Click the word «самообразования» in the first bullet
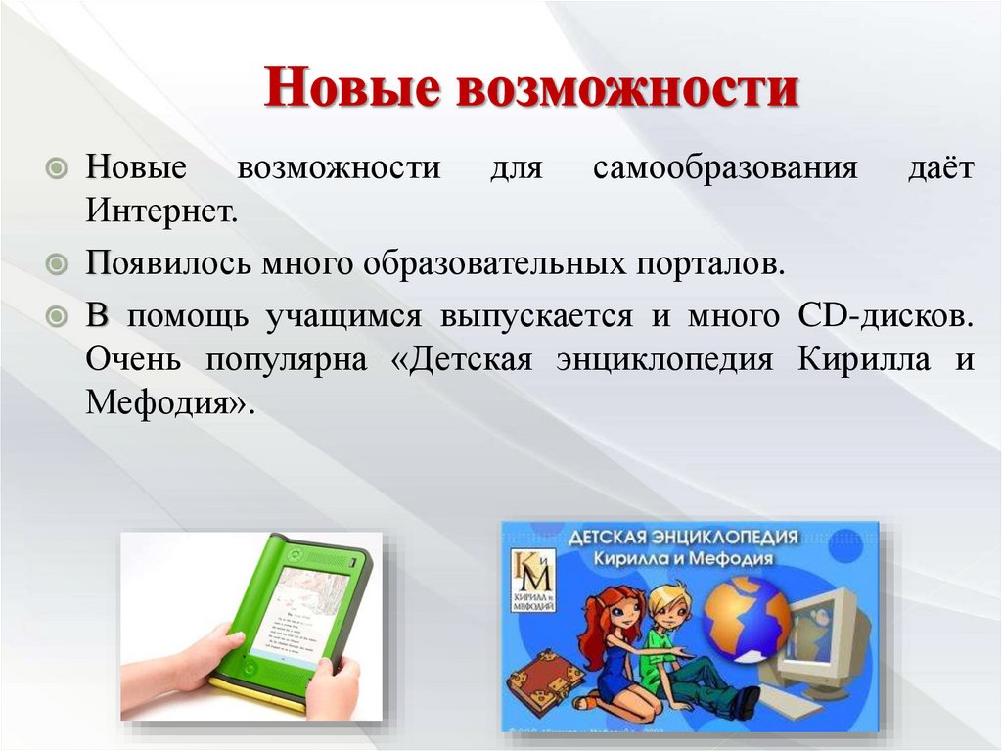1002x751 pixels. [x=725, y=166]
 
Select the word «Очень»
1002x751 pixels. [x=132, y=360]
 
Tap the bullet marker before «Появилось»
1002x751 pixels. [x=60, y=264]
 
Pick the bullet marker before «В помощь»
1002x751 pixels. [x=60, y=317]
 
